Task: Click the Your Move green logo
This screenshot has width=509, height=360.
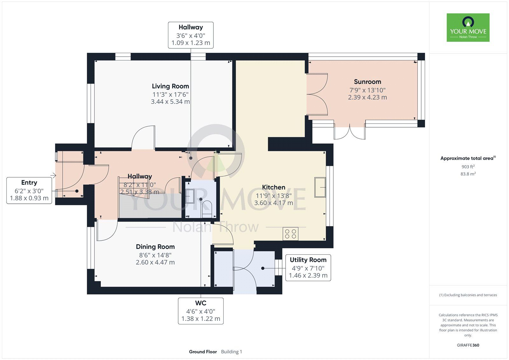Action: [x=468, y=27]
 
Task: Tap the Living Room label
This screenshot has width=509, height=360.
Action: [x=171, y=86]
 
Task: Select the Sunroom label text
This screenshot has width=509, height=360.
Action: [x=367, y=81]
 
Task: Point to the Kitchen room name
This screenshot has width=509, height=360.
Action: [x=274, y=187]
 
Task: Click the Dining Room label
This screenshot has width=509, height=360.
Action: [x=155, y=247]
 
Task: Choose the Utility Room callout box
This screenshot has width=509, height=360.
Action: [x=308, y=268]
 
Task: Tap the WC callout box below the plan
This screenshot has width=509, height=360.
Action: [x=201, y=311]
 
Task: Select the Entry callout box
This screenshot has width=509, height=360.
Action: [x=29, y=191]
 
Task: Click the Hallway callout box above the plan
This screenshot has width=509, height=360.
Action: [x=191, y=35]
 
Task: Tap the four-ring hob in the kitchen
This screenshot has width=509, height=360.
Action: [x=290, y=234]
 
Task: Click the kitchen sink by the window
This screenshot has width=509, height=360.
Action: [x=320, y=187]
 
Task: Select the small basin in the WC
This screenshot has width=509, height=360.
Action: [x=190, y=196]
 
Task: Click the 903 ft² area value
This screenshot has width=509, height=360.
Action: [x=468, y=166]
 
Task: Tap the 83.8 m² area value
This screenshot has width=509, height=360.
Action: [x=468, y=174]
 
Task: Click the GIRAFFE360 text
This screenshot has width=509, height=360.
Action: [x=468, y=345]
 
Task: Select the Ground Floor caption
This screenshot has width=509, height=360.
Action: [x=203, y=352]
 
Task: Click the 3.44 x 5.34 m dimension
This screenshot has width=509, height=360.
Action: [x=171, y=102]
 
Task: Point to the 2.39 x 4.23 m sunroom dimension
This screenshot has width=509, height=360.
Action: [x=367, y=97]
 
